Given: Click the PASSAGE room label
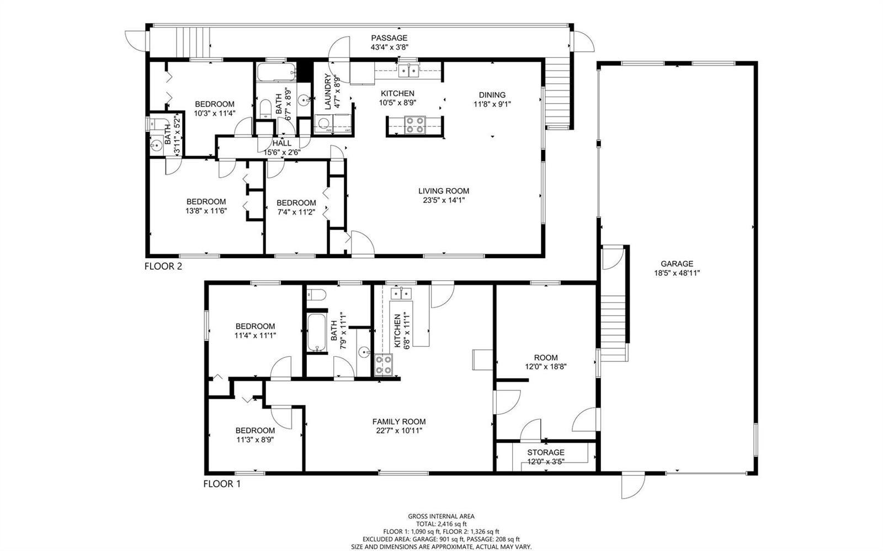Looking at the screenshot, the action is pyautogui.click(x=389, y=38).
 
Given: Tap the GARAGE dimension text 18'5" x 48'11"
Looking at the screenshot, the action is pyautogui.click(x=677, y=273).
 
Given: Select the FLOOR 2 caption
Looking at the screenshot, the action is pyautogui.click(x=163, y=266).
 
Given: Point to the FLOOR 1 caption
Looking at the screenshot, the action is pyautogui.click(x=222, y=484).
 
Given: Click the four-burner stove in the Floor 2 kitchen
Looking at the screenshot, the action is pyautogui.click(x=414, y=125).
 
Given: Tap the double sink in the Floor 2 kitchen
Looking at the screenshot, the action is pyautogui.click(x=408, y=71).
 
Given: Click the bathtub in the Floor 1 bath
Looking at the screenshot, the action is pyautogui.click(x=317, y=333).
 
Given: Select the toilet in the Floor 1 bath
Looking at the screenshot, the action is pyautogui.click(x=317, y=295).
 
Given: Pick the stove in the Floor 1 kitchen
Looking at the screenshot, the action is pyautogui.click(x=383, y=365).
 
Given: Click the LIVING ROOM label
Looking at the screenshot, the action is pyautogui.click(x=444, y=191).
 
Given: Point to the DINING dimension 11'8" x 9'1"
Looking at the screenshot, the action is pyautogui.click(x=492, y=104).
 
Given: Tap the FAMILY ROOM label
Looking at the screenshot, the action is pyautogui.click(x=399, y=422).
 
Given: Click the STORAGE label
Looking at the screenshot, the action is pyautogui.click(x=546, y=452).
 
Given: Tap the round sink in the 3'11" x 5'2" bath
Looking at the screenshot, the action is pyautogui.click(x=157, y=146).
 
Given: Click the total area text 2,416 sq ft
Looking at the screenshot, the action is pyautogui.click(x=452, y=524).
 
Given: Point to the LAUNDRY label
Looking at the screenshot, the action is pyautogui.click(x=328, y=92).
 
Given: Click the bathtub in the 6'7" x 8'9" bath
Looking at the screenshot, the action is pyautogui.click(x=276, y=72).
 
